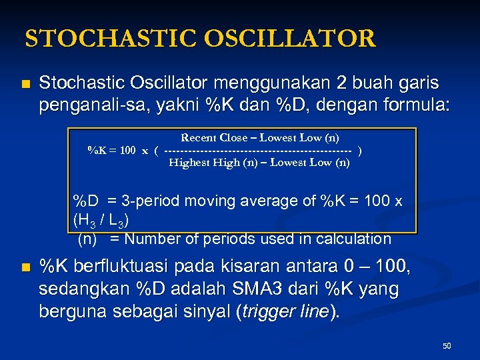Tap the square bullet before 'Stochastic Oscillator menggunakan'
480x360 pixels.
pyautogui.click(x=26, y=84)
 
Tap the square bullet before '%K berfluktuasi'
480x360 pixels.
pyautogui.click(x=26, y=269)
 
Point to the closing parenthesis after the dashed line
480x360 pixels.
pyautogui.click(x=361, y=150)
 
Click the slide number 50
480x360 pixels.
pyautogui.click(x=447, y=346)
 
